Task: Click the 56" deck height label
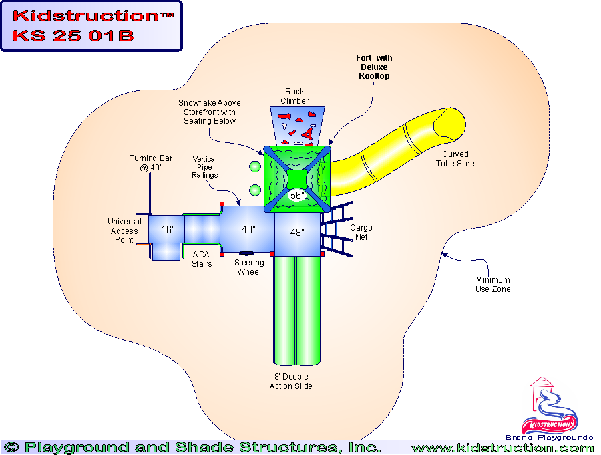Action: tap(297, 196)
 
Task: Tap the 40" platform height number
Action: tap(248, 230)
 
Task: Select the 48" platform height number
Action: tap(297, 233)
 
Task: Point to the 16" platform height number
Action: tap(168, 230)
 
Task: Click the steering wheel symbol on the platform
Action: tap(245, 253)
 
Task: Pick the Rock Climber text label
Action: tap(294, 96)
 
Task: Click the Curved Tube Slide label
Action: tap(455, 159)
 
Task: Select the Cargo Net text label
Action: tap(361, 233)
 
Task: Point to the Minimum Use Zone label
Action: tap(494, 285)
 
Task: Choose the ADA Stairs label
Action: tap(202, 259)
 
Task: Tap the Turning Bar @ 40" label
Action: tap(151, 163)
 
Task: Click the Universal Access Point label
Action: tap(124, 231)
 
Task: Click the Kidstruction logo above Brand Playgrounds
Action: tap(550, 408)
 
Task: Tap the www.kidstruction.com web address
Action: tap(502, 448)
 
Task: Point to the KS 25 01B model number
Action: tap(73, 36)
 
